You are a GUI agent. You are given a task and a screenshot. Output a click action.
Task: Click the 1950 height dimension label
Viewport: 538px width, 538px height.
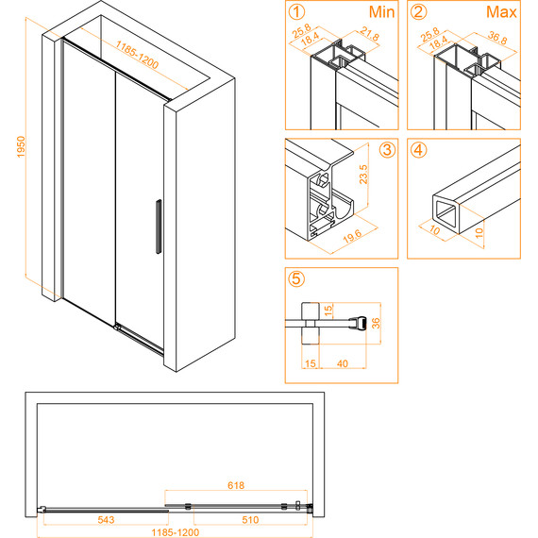click(22, 147)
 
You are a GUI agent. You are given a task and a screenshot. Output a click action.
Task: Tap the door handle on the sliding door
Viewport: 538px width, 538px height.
click(159, 227)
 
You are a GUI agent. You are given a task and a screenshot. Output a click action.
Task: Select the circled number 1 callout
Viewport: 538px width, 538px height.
click(296, 12)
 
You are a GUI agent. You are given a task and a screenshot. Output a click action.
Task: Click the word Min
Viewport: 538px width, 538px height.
click(381, 12)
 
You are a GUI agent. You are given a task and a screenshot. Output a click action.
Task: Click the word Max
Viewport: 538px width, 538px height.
click(501, 12)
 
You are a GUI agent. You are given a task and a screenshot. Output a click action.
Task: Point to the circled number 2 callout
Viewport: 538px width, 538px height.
click(418, 12)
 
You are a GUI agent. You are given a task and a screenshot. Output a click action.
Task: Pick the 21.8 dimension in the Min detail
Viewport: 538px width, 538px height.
click(370, 34)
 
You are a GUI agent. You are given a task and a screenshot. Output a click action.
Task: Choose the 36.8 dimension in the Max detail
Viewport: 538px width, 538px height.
click(497, 38)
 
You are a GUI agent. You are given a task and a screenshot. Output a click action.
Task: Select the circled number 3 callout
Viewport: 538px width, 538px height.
click(387, 150)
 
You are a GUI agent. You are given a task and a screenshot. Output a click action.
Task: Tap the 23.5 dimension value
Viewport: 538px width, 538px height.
click(363, 175)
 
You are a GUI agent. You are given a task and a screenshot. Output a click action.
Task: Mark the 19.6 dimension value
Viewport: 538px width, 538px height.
click(352, 236)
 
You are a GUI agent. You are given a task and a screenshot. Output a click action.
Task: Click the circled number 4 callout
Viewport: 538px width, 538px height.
click(418, 150)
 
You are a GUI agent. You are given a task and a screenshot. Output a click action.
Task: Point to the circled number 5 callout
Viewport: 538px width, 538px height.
click(296, 279)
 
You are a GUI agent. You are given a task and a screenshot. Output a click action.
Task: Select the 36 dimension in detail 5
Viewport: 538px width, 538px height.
click(376, 323)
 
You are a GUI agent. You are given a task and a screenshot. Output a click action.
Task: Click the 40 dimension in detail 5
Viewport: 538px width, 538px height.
click(343, 363)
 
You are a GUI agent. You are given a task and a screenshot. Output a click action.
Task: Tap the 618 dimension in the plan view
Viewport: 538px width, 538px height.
click(236, 485)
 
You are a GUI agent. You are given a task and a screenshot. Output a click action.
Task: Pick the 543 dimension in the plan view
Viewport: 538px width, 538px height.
click(106, 520)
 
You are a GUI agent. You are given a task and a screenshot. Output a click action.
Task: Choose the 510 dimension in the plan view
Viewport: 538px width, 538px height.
click(250, 520)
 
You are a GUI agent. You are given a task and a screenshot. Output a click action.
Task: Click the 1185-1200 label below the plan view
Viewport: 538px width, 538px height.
click(176, 532)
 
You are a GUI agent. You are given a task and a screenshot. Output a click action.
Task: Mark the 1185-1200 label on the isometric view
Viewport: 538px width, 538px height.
click(137, 55)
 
